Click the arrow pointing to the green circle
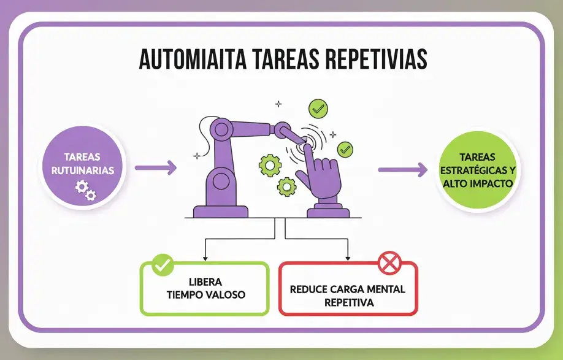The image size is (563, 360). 402,170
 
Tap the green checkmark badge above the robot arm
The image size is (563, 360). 318,109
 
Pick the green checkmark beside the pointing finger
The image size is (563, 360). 346,148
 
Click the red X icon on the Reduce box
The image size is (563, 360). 388,264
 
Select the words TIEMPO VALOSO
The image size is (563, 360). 206,294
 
